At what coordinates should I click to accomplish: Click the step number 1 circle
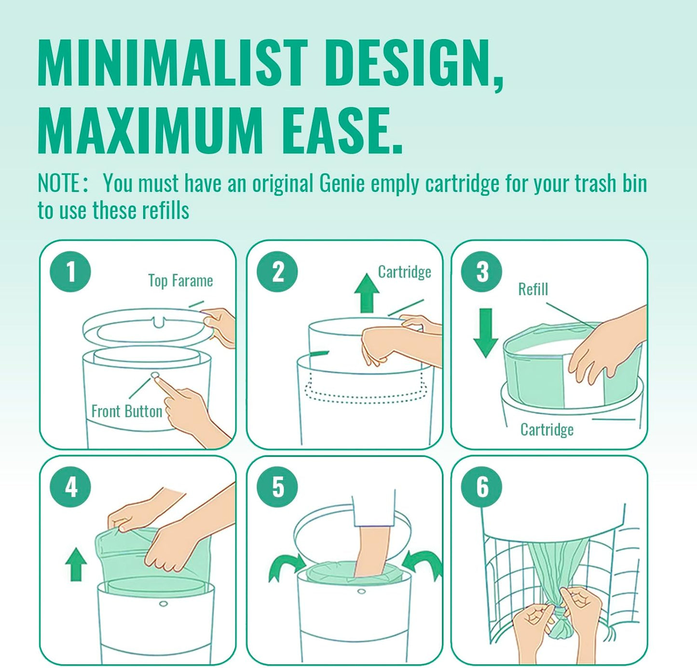(x=70, y=272)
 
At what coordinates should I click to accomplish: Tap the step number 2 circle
(x=277, y=272)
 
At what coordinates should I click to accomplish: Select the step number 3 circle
(x=481, y=272)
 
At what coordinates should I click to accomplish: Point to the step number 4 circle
(x=70, y=487)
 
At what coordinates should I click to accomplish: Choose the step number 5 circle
(x=277, y=487)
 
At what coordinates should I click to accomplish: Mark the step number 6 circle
(x=481, y=487)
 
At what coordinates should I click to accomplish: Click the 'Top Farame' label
(x=180, y=281)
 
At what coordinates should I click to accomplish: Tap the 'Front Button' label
(x=127, y=411)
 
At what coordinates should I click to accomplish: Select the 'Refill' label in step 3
(x=533, y=290)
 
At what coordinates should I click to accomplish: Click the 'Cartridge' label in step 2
(x=404, y=272)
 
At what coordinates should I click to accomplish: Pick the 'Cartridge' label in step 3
(x=547, y=430)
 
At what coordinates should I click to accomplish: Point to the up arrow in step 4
(x=76, y=564)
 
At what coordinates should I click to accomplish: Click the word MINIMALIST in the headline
(x=172, y=64)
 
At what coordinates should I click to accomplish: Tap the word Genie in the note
(x=342, y=184)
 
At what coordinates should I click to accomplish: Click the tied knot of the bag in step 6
(x=560, y=625)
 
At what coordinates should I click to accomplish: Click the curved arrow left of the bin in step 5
(x=286, y=567)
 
